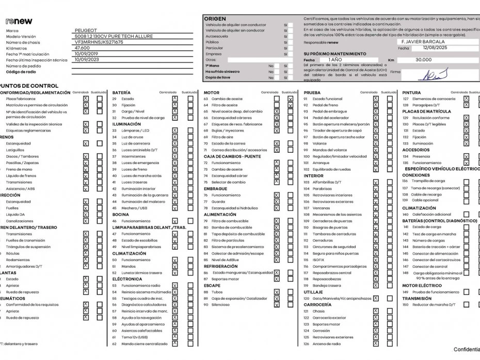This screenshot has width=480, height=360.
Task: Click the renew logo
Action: pos(19,21)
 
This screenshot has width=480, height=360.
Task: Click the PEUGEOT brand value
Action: pos(86,31)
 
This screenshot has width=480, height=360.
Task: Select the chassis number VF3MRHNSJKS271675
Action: pos(99,42)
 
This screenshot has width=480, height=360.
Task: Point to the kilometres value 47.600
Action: pos(83,48)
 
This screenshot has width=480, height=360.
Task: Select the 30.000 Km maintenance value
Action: pos(423,60)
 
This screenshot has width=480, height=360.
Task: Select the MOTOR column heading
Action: pos(212,92)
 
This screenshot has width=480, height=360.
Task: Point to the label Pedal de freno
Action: pos(325,105)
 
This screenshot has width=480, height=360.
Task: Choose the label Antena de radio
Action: pos(326,343)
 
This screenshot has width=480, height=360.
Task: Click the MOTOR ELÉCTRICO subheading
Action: pos(422,285)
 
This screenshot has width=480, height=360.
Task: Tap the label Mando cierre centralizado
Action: pos(145,343)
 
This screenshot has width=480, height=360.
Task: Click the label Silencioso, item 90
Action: pos(220,305)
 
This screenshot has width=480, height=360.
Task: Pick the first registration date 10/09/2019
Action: pos(86,54)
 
